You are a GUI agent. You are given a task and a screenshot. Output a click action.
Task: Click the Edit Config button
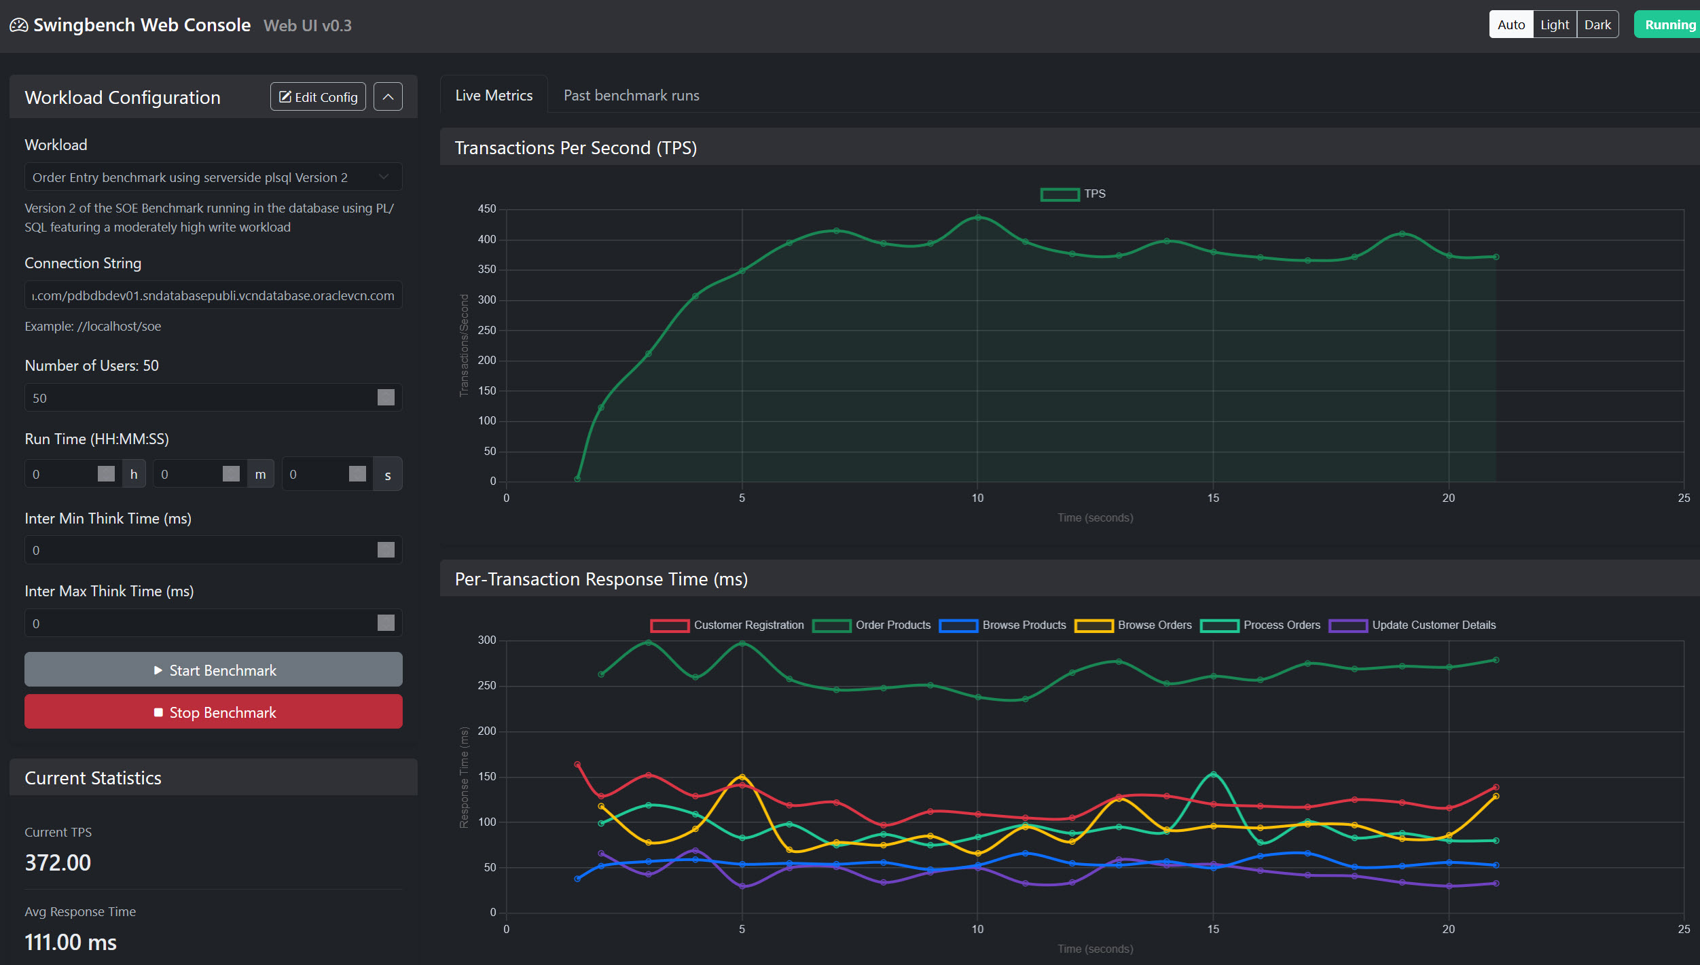point(318,96)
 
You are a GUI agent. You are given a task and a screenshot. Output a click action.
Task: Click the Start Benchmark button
point(213,670)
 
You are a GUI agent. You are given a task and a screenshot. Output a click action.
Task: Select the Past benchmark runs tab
point(631,96)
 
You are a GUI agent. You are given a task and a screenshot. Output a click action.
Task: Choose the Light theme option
point(1554,25)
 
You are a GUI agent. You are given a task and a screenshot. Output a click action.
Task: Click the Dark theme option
point(1597,25)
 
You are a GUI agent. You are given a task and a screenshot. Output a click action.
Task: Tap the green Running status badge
point(1669,25)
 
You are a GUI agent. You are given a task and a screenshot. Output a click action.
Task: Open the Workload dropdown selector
point(213,177)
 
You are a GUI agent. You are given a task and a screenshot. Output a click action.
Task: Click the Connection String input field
point(213,295)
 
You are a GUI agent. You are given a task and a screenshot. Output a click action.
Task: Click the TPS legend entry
point(1073,194)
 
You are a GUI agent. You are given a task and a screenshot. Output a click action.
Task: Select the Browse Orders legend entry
point(1134,625)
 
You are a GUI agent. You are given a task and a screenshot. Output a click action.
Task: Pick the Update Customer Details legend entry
point(1413,625)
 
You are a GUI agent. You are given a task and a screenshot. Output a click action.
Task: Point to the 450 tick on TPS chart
point(487,209)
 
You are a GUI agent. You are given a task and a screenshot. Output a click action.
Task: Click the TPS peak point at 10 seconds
point(977,217)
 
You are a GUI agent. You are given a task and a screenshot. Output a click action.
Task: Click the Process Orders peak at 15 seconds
point(1213,774)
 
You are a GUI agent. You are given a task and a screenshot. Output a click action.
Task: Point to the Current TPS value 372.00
point(58,862)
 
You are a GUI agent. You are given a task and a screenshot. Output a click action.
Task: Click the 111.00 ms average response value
point(71,942)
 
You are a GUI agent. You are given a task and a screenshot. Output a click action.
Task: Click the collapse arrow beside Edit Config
point(388,96)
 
